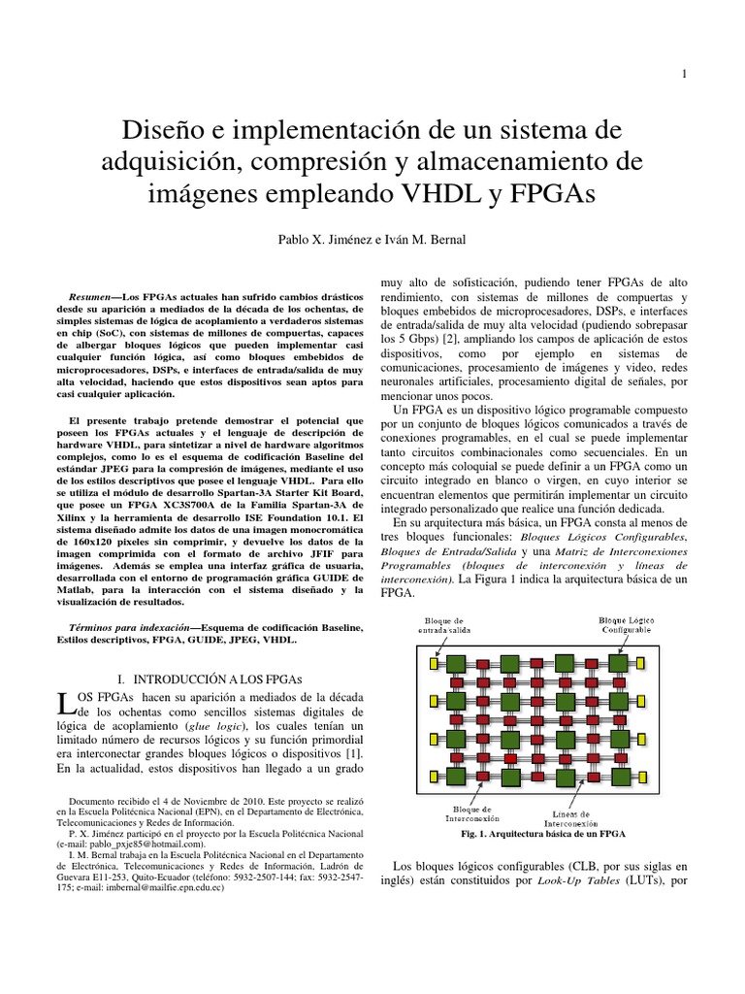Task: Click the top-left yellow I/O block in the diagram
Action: coord(434,663)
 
